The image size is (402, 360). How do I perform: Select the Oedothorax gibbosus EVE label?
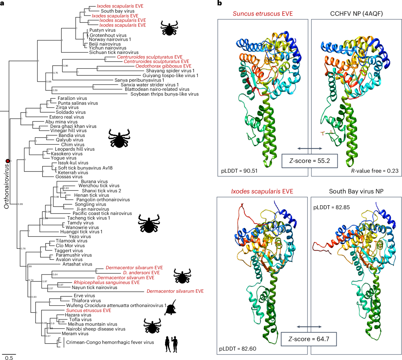[x=163, y=66]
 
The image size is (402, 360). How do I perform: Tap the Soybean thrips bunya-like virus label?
[x=164, y=94]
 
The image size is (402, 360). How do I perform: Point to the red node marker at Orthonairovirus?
[x=8, y=161]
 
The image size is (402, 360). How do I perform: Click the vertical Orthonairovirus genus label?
[x=7, y=186]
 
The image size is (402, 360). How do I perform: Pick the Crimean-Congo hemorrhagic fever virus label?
[x=110, y=342]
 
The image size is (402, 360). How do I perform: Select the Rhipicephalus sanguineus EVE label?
[x=107, y=282]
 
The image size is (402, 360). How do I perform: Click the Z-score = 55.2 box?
[x=309, y=161]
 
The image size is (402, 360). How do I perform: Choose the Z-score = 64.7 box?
[x=309, y=339]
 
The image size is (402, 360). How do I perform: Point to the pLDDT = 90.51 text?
[x=239, y=171]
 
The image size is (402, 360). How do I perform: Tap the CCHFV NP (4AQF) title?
[x=356, y=14]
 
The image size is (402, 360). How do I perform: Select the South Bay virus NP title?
[x=356, y=192]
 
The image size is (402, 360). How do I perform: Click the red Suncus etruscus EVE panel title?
[x=263, y=14]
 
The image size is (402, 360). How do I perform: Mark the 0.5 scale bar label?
[x=9, y=358]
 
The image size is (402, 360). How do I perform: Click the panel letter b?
[x=219, y=3]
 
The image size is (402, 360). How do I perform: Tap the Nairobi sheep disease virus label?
[x=95, y=329]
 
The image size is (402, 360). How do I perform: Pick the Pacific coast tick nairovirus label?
[x=102, y=213]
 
